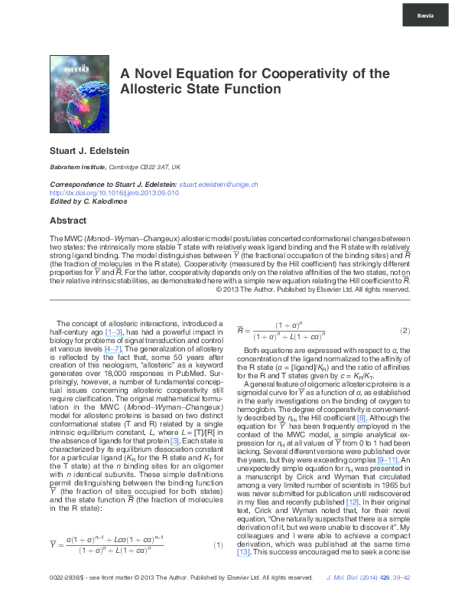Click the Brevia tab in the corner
point(425,15)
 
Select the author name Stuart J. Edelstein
point(88,150)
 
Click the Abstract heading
point(68,220)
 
